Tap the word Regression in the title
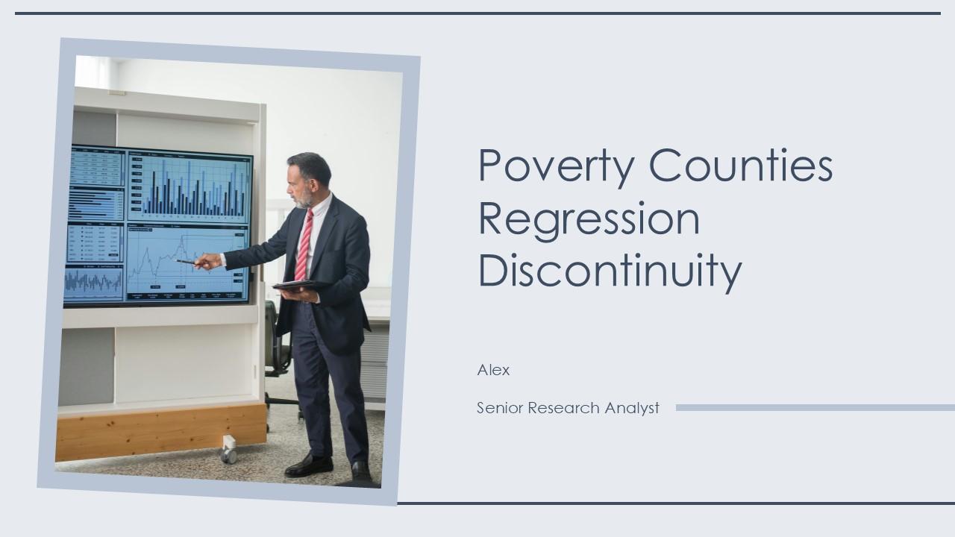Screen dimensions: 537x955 click(589, 219)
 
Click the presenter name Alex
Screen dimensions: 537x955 click(493, 370)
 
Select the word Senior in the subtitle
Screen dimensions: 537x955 click(500, 408)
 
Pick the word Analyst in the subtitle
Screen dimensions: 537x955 click(631, 408)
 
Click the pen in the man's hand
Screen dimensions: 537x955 click(187, 262)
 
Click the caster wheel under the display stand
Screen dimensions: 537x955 click(228, 450)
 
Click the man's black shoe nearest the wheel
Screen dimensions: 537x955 click(308, 465)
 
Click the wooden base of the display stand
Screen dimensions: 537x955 click(160, 432)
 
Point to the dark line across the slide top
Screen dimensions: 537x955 click(477, 13)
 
